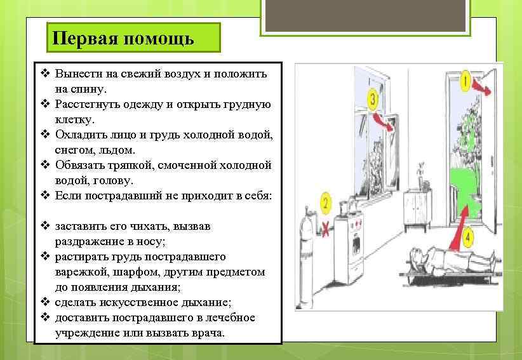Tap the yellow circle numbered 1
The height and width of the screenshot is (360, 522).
[x=465, y=81]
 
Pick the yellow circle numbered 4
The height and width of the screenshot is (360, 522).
[x=469, y=239]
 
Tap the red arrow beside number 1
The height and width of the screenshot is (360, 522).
[x=482, y=88]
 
